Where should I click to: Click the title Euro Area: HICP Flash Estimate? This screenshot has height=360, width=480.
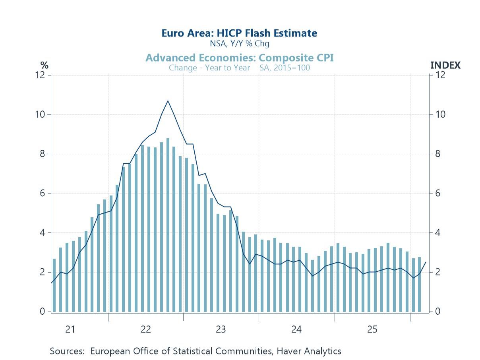pos(239,33)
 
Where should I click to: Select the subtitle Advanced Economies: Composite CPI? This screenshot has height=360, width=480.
pos(239,58)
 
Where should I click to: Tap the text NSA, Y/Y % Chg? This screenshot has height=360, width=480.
pos(239,44)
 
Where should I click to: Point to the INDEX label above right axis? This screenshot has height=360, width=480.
pos(445,66)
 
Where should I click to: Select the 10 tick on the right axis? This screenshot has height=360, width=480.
pos(440,114)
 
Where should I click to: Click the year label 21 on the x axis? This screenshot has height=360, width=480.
pos(70,329)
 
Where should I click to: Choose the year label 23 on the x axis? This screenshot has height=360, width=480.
pos(221,329)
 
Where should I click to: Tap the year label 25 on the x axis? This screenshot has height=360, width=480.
pos(372,329)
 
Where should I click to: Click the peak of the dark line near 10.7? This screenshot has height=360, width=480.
pos(168,101)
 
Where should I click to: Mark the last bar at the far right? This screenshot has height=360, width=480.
pos(419,285)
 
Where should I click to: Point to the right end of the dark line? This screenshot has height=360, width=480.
pos(426,262)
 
